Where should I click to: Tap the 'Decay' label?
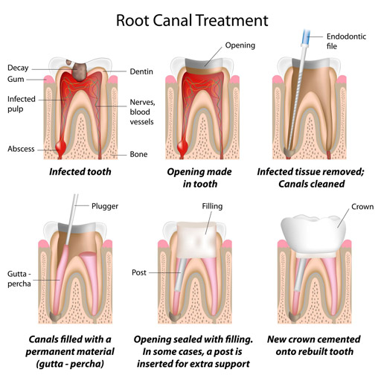(x=19, y=67)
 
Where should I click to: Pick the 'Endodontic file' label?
(x=346, y=42)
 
